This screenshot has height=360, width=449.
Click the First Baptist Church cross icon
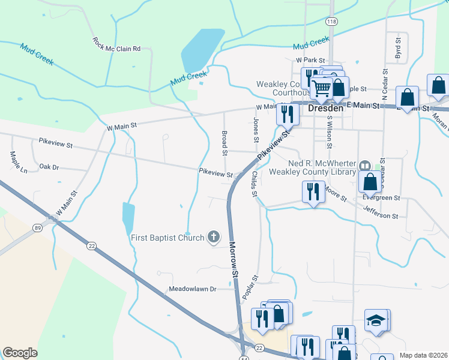[x=212, y=236]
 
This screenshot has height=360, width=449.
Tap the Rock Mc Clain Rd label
[x=116, y=44]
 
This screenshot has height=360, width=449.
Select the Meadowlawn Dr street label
[x=192, y=289]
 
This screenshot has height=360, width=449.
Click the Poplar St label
[x=250, y=288]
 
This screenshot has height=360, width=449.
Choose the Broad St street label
[x=224, y=143]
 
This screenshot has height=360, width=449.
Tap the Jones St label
[x=256, y=130]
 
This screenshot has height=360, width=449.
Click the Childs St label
[x=255, y=184]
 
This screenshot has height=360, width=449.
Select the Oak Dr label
[x=49, y=167]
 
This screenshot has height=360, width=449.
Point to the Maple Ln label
[x=19, y=162]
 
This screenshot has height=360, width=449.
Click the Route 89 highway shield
[x=37, y=228]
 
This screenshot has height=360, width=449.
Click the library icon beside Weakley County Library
[x=364, y=164]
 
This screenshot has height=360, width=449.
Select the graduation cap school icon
[x=376, y=320]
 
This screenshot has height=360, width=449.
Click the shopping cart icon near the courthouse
[x=322, y=88]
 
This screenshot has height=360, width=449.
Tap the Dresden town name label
[x=325, y=109]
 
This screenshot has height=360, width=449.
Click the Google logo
[x=20, y=353]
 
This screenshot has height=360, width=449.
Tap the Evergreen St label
[x=382, y=197]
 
